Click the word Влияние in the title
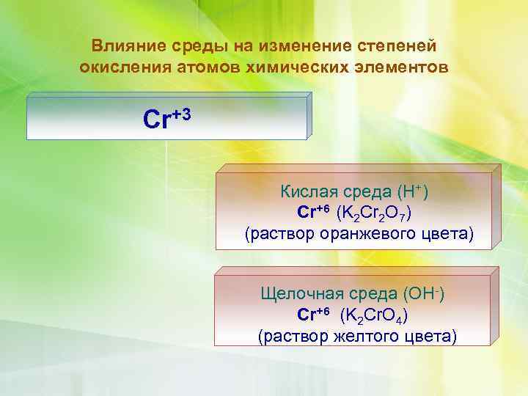point(122,46)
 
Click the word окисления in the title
point(123,67)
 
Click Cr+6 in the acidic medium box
point(314,213)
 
